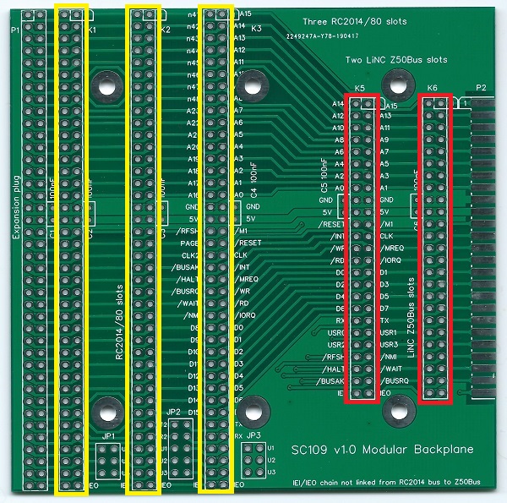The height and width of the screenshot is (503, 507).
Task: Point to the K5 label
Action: click(360, 88)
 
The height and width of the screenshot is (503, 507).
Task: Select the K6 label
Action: click(433, 88)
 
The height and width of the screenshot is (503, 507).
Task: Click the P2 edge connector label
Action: click(482, 88)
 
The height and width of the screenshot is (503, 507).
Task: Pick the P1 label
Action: click(14, 30)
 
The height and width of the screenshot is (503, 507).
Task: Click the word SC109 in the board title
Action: click(310, 450)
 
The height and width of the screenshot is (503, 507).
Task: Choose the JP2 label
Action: click(174, 412)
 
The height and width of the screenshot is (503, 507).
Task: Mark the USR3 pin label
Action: click(389, 345)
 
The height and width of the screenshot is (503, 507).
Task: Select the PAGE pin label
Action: click(189, 243)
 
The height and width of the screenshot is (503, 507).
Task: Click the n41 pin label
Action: click(192, 14)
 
